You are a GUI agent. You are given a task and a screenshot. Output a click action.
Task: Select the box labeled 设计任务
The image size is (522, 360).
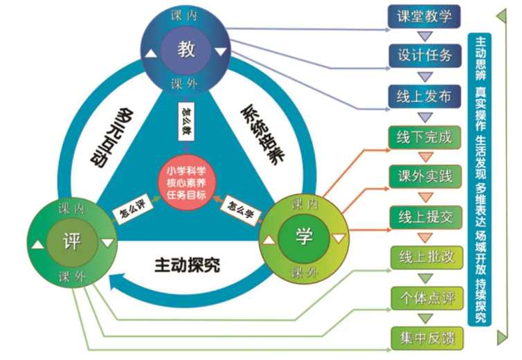[423, 55]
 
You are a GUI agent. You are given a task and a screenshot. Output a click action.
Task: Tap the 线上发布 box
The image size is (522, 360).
[423, 96]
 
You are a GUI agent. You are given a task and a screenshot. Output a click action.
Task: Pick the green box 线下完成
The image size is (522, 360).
[423, 136]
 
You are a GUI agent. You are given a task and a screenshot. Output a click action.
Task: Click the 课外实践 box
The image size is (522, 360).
[423, 176]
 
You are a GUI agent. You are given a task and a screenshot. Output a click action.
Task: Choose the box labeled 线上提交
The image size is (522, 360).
[423, 216]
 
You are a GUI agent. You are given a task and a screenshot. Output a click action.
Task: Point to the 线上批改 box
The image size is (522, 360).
[424, 257]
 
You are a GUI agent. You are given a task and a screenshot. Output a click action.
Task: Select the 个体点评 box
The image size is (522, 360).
[424, 298]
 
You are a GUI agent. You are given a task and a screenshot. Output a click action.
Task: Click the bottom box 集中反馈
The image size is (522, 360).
[424, 339]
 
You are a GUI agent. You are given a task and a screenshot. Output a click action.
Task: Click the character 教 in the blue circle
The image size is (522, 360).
[186, 50]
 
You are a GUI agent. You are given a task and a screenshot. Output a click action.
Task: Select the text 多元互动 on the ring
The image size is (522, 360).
[109, 136]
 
